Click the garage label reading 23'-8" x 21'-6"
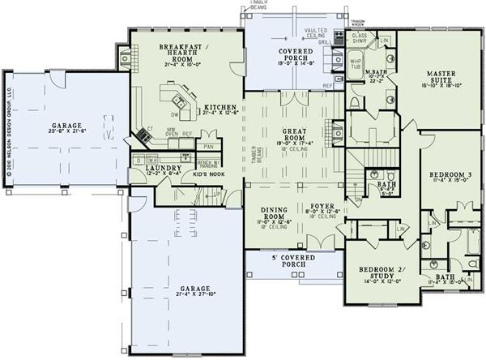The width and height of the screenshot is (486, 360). click(67, 126)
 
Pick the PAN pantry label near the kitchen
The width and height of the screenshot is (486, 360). click(208, 147)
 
